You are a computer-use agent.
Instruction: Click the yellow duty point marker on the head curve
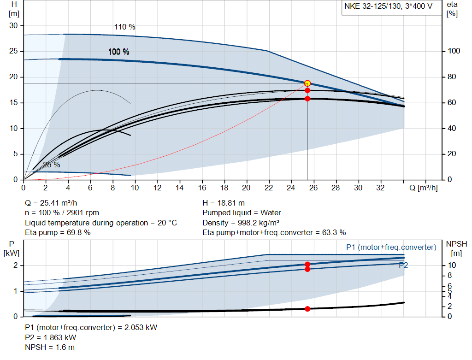307,83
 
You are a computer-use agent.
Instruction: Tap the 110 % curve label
124,27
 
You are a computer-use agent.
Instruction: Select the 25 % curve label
52,165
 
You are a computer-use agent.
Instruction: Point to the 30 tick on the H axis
13,26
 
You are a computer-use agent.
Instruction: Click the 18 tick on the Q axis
224,188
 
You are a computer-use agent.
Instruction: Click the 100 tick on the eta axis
452,51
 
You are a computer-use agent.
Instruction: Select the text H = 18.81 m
224,203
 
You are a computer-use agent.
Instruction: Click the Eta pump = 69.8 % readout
58,232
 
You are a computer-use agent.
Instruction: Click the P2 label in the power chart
403,265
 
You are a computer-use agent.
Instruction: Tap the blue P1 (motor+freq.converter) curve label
391,248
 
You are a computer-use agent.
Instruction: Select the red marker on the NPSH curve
307,308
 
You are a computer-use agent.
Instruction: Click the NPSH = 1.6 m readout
50,347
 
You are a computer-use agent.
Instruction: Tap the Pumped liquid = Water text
242,213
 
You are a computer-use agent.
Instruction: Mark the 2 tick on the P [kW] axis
16,266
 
